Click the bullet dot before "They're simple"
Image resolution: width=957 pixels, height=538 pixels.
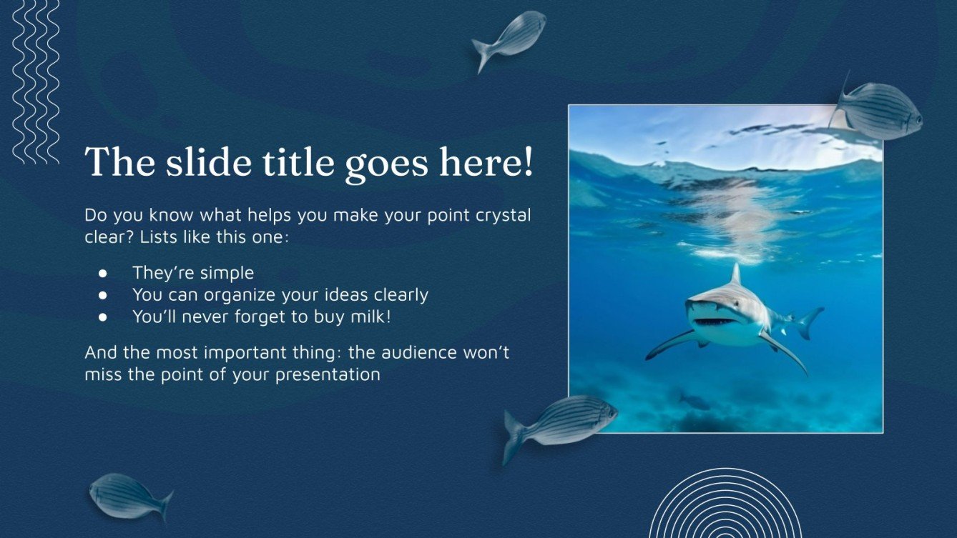click(x=103, y=273)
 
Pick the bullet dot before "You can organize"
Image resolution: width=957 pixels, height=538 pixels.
click(x=103, y=294)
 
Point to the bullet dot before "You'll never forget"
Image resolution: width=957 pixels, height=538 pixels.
click(x=103, y=317)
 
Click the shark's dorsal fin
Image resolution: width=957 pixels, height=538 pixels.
click(x=735, y=275)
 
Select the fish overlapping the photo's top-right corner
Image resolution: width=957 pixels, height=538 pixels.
click(x=878, y=111)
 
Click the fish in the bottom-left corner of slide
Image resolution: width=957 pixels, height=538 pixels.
click(x=129, y=495)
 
